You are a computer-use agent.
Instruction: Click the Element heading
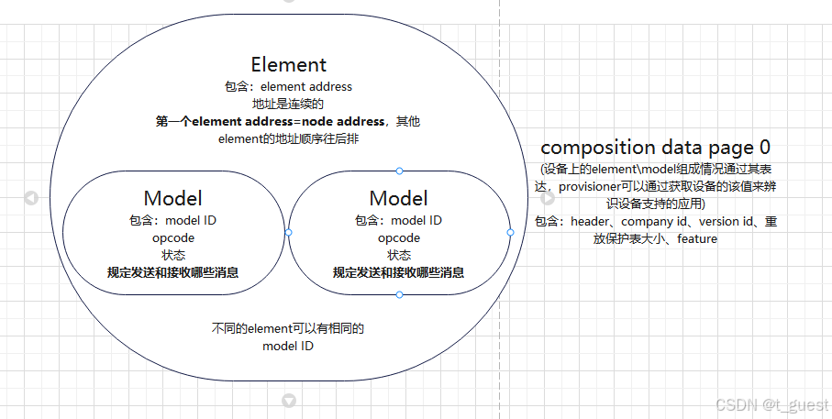(288, 64)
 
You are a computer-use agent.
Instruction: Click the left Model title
(172, 198)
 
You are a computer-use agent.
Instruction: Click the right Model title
(398, 198)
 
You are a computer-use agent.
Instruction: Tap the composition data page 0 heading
(655, 147)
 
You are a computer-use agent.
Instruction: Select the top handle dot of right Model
(399, 171)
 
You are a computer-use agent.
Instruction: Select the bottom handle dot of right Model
(399, 294)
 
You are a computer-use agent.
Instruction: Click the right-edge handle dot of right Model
(510, 233)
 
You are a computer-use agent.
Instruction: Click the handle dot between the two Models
(288, 233)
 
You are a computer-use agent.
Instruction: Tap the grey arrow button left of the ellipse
(31, 198)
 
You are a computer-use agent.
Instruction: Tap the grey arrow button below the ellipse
(289, 401)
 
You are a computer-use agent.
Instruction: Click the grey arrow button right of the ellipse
(548, 198)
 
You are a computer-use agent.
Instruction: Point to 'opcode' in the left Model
(173, 238)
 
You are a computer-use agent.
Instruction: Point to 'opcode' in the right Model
(399, 238)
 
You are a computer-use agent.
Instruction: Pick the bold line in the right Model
(398, 272)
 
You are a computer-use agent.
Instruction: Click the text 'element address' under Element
(306, 86)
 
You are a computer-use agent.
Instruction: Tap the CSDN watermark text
(771, 404)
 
